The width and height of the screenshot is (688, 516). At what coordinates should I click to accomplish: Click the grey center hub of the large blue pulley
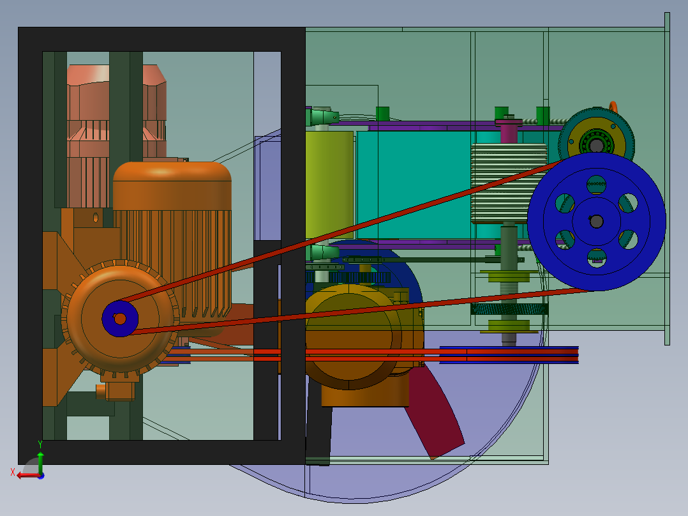596,222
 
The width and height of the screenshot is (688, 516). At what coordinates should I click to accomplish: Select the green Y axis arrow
40,461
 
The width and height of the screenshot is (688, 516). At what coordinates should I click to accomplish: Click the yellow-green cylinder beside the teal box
329,185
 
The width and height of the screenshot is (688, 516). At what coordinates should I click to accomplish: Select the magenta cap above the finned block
509,130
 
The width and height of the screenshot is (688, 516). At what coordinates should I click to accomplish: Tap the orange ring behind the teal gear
613,107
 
